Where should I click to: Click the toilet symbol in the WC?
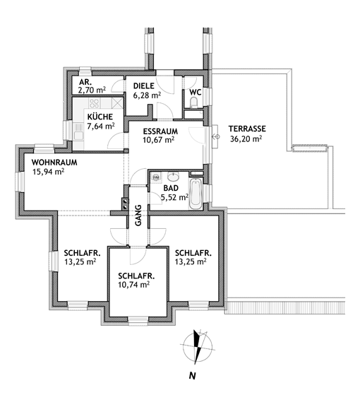pos(193,102)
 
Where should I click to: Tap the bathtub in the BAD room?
pos(196,194)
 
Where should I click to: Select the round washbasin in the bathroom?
pos(173,177)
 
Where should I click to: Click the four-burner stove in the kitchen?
pos(95,103)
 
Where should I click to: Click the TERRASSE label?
pos(247,129)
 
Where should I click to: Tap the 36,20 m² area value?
pos(246,138)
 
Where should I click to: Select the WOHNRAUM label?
pos(54,163)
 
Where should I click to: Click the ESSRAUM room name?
pos(160,131)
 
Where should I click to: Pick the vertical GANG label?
pos(138,216)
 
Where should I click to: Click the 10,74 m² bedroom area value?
pos(134,285)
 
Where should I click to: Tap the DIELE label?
pos(144,86)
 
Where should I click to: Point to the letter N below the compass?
pos(193,376)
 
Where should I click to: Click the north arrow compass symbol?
pos(198,347)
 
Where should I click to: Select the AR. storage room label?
pos(85,82)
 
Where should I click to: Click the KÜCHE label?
pos(100,117)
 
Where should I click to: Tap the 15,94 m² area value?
pos(48,172)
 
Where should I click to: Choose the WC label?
pos(196,92)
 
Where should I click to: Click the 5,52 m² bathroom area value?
pos(174,197)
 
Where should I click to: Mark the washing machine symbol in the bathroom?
pos(156,177)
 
